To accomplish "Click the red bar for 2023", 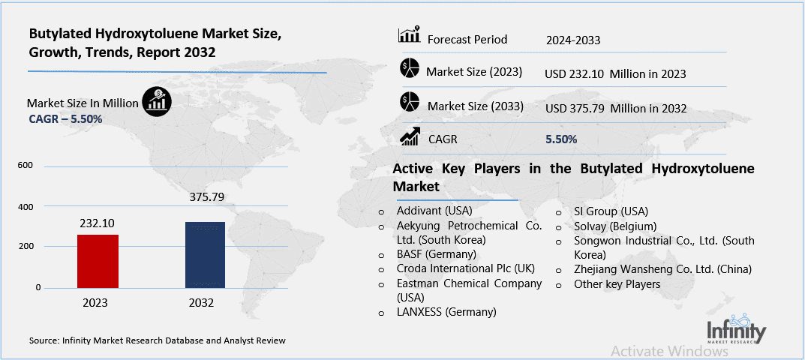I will tap(97, 261).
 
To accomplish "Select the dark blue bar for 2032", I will tap(205, 255).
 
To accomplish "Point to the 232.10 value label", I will tap(98, 223).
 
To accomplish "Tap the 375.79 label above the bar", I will tap(205, 198).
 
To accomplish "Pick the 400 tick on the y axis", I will tap(25, 206).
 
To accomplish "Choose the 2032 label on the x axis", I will tap(201, 303).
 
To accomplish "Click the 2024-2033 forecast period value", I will tap(574, 40).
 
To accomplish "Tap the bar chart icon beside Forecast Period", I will tap(409, 34).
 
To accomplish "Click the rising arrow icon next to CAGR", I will tap(410, 136).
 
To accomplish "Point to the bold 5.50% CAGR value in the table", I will tap(561, 139).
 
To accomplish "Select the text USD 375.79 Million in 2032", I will tap(616, 108).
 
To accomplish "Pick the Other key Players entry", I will tap(617, 284).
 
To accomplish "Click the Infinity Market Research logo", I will tap(736, 328).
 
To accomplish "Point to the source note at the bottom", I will tap(158, 340).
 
